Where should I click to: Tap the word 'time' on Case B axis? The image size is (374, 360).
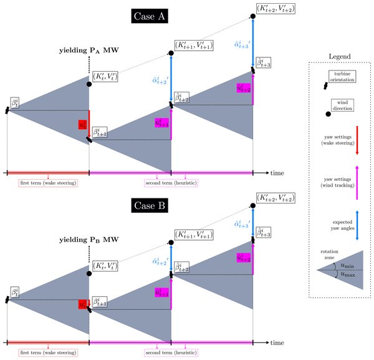pos(278,342)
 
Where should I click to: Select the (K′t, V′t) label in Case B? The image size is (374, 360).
pos(103,266)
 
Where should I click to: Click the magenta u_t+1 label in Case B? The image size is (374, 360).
pos(162,293)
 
